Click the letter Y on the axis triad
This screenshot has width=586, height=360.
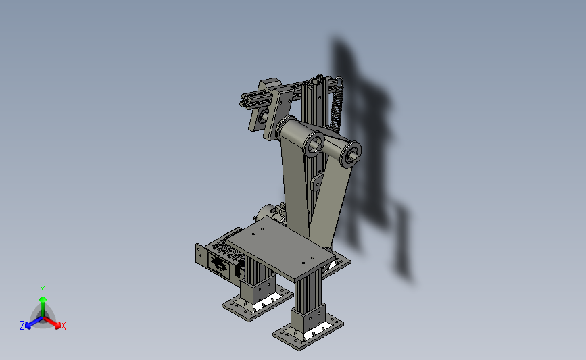pos(42,290)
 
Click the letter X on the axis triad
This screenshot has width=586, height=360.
pos(63,326)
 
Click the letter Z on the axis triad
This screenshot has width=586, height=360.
pos(22,326)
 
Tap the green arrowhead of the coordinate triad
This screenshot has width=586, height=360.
pos(43,299)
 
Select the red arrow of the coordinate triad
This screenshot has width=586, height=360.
pos(52,322)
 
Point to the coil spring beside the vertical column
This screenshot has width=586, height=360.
pos(336,107)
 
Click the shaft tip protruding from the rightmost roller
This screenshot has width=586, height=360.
pos(357,158)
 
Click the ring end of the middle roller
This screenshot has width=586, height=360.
pos(313,145)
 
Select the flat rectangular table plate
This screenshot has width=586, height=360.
pos(280,249)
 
